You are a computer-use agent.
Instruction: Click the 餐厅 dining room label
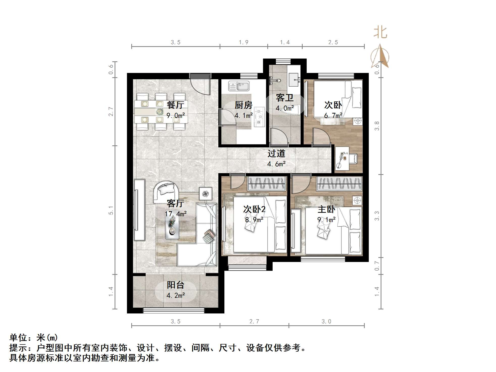[175, 104]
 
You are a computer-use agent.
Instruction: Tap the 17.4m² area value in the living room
[176, 214]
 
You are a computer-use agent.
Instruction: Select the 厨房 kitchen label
[243, 105]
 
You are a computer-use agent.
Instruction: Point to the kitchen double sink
[239, 86]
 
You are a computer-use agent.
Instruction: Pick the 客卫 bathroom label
[284, 98]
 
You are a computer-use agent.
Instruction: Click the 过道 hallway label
[276, 153]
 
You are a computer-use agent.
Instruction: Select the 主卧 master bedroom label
[326, 209]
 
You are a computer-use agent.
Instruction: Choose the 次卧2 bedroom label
[254, 209]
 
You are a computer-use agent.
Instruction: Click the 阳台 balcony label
[175, 285]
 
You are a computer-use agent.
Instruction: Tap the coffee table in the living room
[172, 226]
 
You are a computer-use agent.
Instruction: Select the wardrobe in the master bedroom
[340, 183]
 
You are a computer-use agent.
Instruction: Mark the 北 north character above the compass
[380, 33]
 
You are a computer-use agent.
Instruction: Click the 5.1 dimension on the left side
[111, 210]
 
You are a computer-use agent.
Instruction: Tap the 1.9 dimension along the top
[244, 42]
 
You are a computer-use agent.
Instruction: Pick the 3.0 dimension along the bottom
[326, 321]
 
